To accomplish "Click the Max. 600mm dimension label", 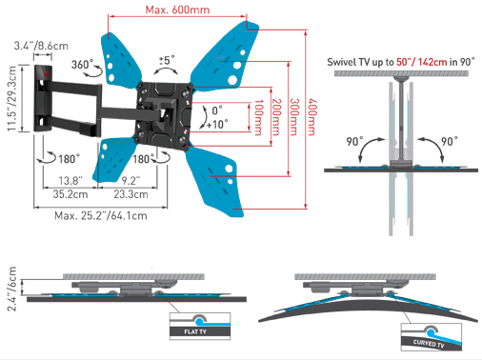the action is coord(177,10).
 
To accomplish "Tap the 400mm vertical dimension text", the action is coord(312,117).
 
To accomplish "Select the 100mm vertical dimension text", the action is coord(259,117).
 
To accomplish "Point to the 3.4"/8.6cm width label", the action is coord(41,46).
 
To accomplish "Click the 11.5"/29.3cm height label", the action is coord(11,98).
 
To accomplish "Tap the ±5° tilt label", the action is coord(167,60).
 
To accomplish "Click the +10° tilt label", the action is coord(217,124).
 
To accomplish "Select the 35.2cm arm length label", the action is coord(70,194).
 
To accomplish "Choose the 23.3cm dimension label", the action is coord(131,194).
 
